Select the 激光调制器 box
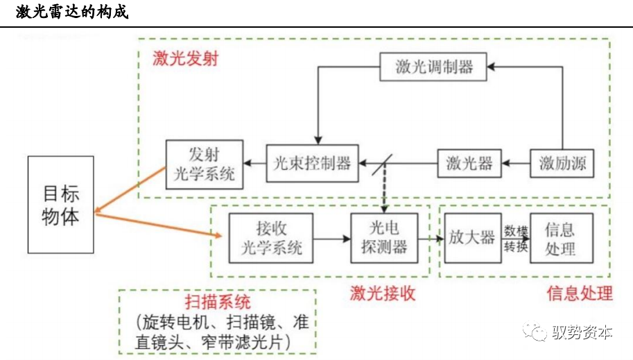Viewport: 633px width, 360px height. click(434, 67)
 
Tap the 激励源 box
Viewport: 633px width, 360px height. click(562, 164)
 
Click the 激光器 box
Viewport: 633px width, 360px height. click(469, 164)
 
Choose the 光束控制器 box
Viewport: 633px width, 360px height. click(312, 164)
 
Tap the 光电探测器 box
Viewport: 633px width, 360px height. click(383, 238)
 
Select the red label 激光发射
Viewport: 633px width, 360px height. click(185, 59)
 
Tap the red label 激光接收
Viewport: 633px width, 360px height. click(383, 293)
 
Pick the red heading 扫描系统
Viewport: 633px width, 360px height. click(217, 302)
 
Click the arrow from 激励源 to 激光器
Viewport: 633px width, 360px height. click(516, 164)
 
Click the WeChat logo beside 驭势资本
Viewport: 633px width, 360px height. click(535, 331)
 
